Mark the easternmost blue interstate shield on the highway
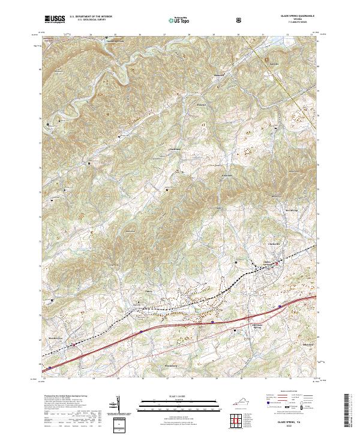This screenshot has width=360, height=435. click(280, 306)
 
